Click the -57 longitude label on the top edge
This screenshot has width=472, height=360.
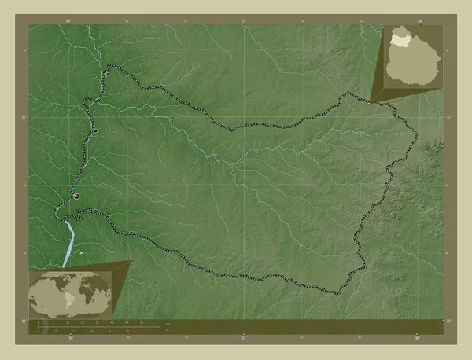click(244, 21)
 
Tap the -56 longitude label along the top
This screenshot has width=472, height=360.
click(419, 21)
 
